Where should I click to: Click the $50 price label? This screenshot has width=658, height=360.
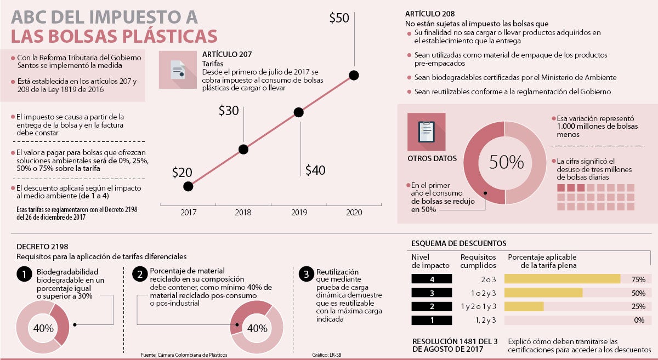pyautogui.click(x=339, y=18)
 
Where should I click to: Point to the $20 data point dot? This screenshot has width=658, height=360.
pyautogui.click(x=188, y=186)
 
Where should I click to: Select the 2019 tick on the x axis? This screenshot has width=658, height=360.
pyautogui.click(x=299, y=212)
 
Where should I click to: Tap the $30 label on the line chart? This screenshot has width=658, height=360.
pyautogui.click(x=229, y=111)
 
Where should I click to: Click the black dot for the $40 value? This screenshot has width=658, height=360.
pyautogui.click(x=298, y=112)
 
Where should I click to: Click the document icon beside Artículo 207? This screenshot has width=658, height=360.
pyautogui.click(x=177, y=70)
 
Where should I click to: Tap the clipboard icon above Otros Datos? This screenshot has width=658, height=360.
pyautogui.click(x=426, y=132)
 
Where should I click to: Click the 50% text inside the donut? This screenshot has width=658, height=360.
pyautogui.click(x=506, y=162)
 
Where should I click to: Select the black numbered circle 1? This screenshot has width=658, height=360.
pyautogui.click(x=24, y=274)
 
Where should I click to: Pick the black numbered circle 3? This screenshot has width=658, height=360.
pyautogui.click(x=305, y=274)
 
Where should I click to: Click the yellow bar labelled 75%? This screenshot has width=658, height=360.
pyautogui.click(x=562, y=279)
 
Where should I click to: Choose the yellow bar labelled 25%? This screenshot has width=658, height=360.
pyautogui.click(x=524, y=306)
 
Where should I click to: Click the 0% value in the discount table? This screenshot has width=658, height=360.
pyautogui.click(x=639, y=320)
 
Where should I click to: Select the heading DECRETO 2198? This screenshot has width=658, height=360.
pyautogui.click(x=42, y=247)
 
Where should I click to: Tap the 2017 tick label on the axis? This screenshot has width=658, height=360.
pyautogui.click(x=188, y=212)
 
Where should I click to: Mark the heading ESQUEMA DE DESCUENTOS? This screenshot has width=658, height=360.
pyautogui.click(x=458, y=243)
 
